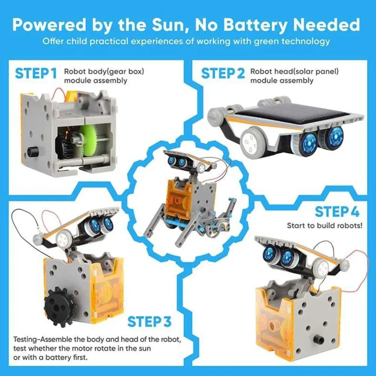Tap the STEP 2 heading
coord(223,73)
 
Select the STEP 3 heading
coord(149,322)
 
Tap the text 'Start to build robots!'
coord(325,225)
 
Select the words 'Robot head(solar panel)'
coord(294,71)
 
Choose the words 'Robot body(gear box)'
coord(104,71)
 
